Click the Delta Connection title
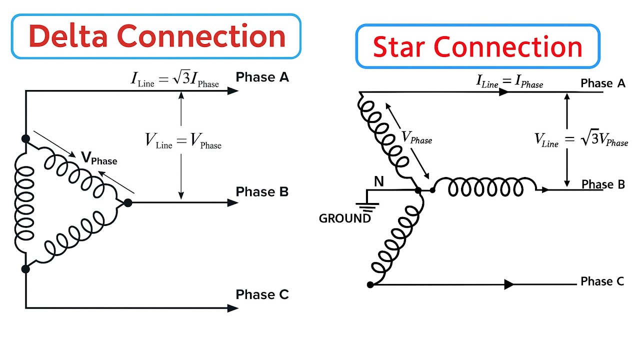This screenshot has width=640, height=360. (156, 36)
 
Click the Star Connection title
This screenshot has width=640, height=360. (477, 46)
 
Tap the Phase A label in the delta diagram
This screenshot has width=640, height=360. (262, 77)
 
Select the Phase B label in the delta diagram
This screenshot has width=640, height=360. (262, 192)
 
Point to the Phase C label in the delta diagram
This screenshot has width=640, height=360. (262, 295)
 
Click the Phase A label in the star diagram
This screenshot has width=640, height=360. (602, 83)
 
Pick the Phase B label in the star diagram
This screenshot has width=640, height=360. (603, 184)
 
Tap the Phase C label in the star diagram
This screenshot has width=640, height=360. (602, 281)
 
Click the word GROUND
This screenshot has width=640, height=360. (345, 218)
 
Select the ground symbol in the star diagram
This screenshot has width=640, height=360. (367, 206)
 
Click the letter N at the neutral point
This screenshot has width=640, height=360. (379, 181)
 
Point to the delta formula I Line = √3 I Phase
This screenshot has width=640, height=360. (175, 79)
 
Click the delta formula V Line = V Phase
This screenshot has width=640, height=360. (183, 140)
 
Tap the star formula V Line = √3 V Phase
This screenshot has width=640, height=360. (581, 139)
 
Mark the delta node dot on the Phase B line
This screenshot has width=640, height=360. (128, 202)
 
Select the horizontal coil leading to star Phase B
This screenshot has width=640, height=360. (485, 187)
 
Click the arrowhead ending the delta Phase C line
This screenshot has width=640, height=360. (232, 308)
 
